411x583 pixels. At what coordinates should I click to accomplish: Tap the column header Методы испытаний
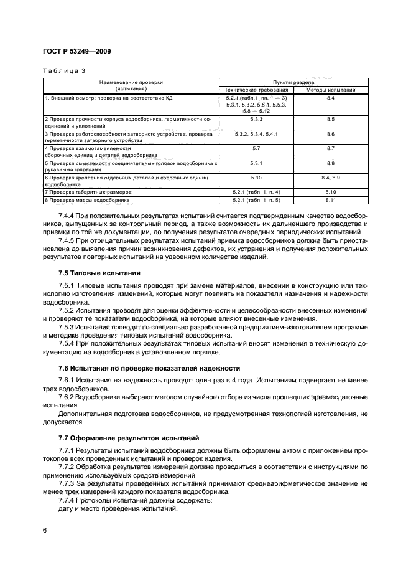click(x=330, y=90)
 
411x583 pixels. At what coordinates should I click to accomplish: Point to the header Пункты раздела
click(x=293, y=82)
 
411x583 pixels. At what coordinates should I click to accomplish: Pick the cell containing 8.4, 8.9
click(x=330, y=178)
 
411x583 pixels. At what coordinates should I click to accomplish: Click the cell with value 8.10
click(x=330, y=192)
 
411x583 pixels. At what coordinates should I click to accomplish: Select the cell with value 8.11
click(x=330, y=201)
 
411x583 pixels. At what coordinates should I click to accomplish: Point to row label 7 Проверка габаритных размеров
click(x=85, y=192)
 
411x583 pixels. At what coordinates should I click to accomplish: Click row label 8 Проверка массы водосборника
click(x=86, y=201)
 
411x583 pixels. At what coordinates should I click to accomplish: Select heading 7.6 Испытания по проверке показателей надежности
click(x=149, y=369)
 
